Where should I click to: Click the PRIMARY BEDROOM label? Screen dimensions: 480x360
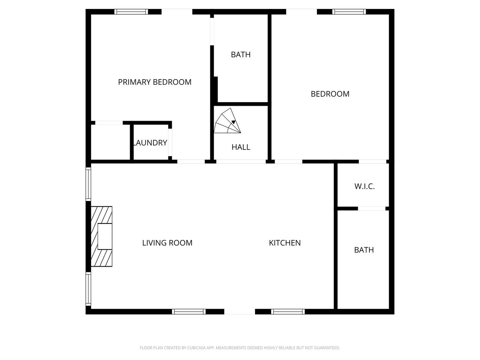click(x=154, y=82)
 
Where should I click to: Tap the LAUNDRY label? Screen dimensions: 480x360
click(x=150, y=143)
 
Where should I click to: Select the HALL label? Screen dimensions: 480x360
click(x=241, y=147)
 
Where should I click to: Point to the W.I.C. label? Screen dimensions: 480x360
click(x=364, y=186)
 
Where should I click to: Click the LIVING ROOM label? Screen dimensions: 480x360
click(x=167, y=243)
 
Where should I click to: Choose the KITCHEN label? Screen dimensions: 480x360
click(x=285, y=243)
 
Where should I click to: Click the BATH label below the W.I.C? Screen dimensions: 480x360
click(x=364, y=250)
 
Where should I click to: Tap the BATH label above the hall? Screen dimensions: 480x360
click(x=241, y=54)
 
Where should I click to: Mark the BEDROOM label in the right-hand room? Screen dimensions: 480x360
click(x=330, y=94)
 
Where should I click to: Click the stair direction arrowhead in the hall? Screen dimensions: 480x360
click(x=234, y=122)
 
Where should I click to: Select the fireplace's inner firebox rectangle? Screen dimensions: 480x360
click(x=105, y=236)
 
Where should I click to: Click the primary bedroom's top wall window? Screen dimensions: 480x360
click(x=131, y=12)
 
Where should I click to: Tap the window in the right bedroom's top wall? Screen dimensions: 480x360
click(x=349, y=12)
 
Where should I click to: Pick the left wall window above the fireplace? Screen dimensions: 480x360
click(x=88, y=184)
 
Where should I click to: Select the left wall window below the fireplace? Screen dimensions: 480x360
click(x=88, y=289)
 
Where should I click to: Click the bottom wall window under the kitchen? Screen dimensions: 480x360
click(x=288, y=312)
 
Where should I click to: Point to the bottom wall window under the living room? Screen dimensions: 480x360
click(x=189, y=312)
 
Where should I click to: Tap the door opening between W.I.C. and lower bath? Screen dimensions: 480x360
click(x=372, y=208)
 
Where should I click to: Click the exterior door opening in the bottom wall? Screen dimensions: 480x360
click(x=240, y=312)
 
